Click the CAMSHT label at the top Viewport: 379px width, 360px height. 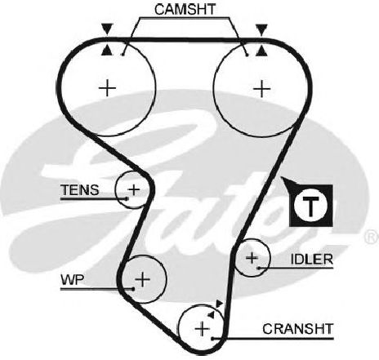185,9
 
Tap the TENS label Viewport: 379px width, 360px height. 79,190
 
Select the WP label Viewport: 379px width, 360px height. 73,279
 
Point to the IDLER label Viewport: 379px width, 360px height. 312,260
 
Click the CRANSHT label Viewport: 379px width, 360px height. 298,329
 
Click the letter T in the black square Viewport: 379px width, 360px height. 310,206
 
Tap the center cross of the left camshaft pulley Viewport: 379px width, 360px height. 107,88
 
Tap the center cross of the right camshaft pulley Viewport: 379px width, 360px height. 262,89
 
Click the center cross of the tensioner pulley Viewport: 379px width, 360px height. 134,189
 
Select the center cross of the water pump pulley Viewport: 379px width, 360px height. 143,279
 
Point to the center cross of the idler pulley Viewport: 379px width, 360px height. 252,257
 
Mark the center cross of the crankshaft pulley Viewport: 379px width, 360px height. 203,329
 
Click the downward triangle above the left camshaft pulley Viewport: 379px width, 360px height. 107,29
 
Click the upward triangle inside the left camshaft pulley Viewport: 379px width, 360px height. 107,51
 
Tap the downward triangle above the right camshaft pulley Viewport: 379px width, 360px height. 262,29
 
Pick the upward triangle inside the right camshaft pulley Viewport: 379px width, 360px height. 261,51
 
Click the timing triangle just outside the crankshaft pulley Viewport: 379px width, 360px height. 219,303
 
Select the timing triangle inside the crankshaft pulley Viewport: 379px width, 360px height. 212,314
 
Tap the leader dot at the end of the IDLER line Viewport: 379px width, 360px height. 259,268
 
